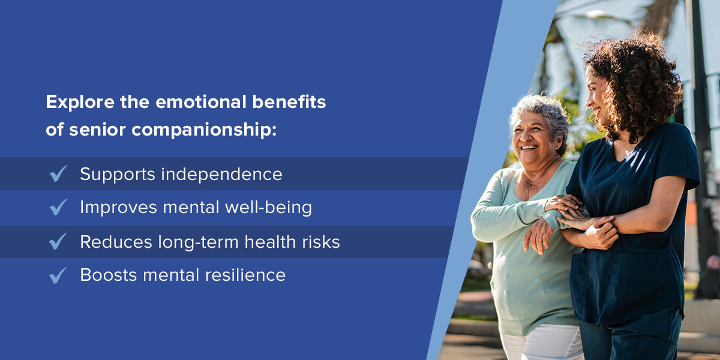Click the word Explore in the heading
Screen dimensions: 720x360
click(x=80, y=102)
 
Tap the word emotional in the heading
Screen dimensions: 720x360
click(x=201, y=101)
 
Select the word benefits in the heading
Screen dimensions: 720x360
click(x=289, y=101)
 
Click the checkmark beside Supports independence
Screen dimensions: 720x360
click(x=59, y=173)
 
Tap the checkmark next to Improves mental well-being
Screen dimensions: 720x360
click(x=59, y=206)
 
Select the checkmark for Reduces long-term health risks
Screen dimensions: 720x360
click(x=59, y=241)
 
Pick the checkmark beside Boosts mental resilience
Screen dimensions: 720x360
click(x=59, y=275)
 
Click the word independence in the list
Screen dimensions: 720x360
click(x=221, y=175)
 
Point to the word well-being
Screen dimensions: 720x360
click(x=268, y=208)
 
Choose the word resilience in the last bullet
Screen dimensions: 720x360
click(x=245, y=275)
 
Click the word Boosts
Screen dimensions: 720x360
click(x=109, y=275)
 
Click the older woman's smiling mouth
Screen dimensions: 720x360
click(x=529, y=148)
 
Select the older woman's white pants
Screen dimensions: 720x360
click(x=543, y=343)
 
